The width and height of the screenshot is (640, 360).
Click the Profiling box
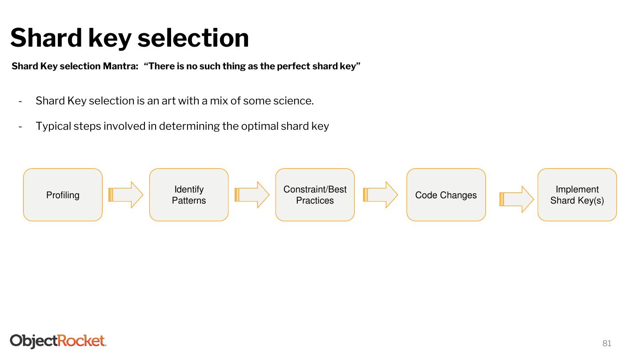click(63, 195)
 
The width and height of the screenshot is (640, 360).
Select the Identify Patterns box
click(189, 195)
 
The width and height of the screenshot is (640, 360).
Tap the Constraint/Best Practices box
click(315, 195)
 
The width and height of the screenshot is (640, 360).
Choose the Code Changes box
click(446, 195)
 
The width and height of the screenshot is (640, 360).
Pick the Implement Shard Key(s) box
click(577, 195)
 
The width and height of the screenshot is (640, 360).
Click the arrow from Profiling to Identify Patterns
click(126, 195)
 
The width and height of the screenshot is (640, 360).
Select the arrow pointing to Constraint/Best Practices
click(252, 195)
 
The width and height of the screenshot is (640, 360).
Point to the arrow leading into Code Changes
click(380, 195)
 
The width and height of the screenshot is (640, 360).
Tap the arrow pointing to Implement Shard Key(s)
click(516, 199)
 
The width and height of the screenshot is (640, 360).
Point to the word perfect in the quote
click(293, 66)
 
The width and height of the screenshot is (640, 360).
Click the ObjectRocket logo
click(58, 341)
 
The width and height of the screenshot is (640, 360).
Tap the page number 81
click(607, 343)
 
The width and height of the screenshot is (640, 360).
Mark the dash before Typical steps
click(20, 126)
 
